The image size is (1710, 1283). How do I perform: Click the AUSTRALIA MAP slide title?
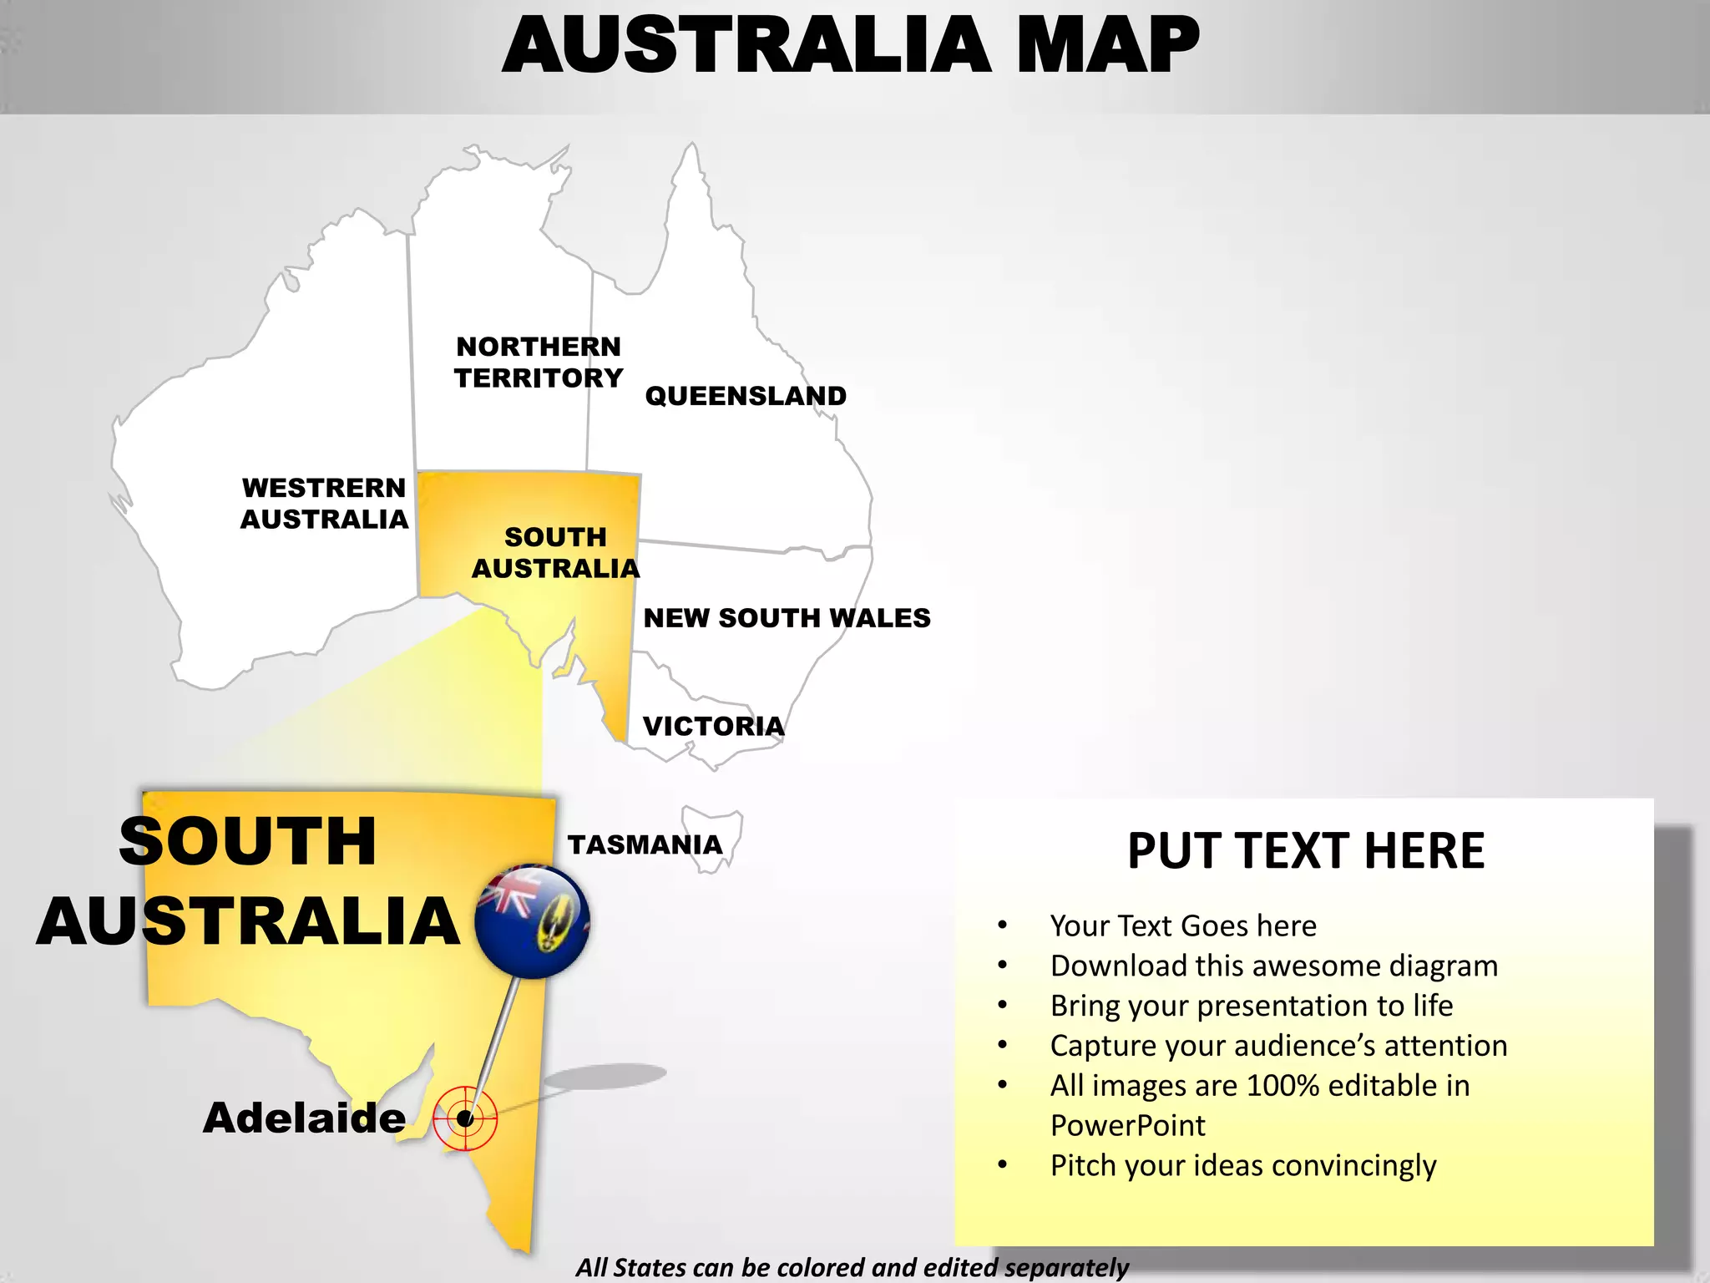(850, 46)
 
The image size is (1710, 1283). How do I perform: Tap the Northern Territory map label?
(539, 362)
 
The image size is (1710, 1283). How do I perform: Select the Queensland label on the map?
(746, 396)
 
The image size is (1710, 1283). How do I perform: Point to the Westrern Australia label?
(324, 503)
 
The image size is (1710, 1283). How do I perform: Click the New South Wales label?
(787, 618)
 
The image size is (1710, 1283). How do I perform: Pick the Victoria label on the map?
(713, 726)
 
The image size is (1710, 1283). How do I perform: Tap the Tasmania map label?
(645, 844)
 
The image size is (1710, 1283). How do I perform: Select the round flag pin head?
(532, 921)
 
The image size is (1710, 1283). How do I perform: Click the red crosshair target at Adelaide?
(465, 1118)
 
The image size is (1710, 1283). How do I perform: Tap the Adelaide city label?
(304, 1118)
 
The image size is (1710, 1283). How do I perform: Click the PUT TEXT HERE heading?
(1306, 851)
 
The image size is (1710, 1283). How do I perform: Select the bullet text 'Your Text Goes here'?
(1183, 925)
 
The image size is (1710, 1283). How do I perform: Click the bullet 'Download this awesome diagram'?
(1273, 966)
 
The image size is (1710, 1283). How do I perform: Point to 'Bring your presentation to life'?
(1251, 1006)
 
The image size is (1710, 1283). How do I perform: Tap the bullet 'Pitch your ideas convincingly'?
(1242, 1165)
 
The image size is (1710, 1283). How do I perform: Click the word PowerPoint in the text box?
(1127, 1125)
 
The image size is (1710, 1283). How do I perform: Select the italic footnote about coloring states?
(852, 1267)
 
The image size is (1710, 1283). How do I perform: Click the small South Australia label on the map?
(555, 552)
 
